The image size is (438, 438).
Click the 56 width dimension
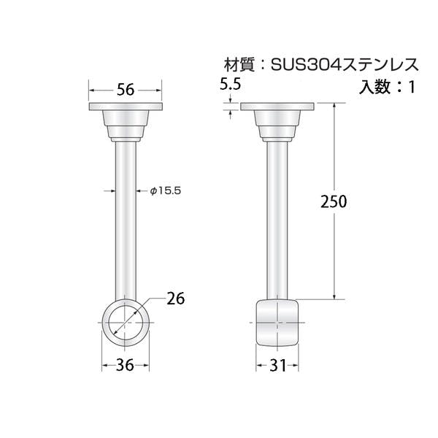[x=126, y=90]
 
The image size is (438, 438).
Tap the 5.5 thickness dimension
[x=230, y=84]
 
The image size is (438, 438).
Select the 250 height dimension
[x=334, y=201]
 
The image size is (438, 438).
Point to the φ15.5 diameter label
[x=166, y=191]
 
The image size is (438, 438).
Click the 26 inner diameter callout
[x=176, y=299]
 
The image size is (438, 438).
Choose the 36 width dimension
[x=125, y=365]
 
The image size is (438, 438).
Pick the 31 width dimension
[x=278, y=365]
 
